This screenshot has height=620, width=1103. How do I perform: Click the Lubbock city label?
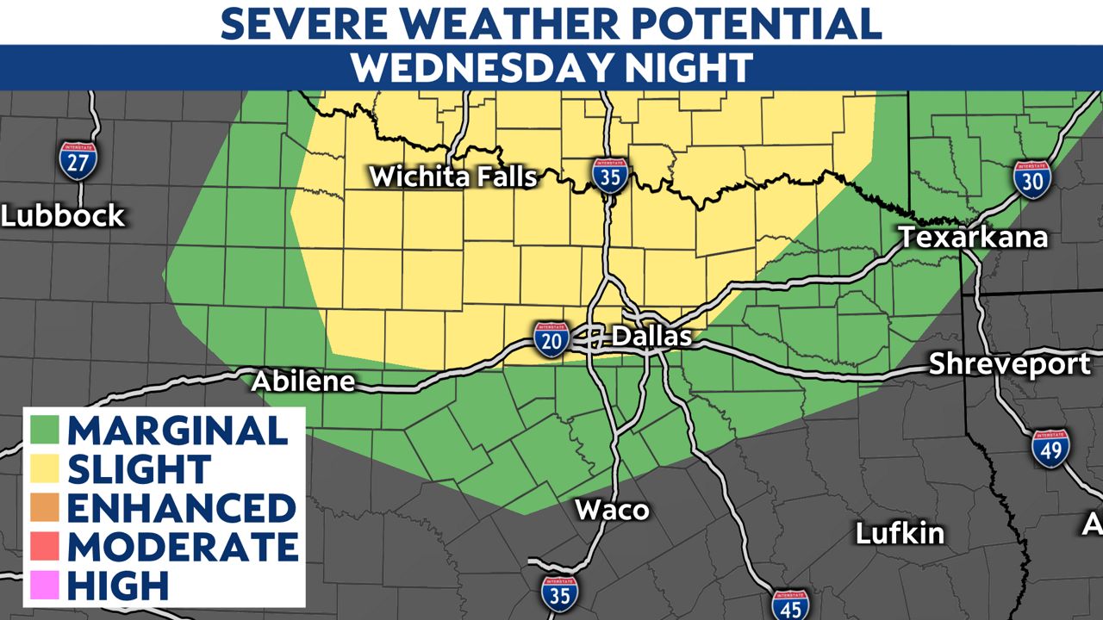[63, 215]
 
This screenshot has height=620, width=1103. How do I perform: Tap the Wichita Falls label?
[453, 177]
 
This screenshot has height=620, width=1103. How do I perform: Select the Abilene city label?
[303, 381]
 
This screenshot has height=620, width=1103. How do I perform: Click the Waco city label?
[612, 510]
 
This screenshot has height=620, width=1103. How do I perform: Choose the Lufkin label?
[900, 533]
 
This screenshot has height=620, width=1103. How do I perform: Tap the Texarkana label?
[973, 237]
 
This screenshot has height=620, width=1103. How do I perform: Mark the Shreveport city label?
[1009, 364]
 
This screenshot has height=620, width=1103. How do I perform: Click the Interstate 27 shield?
[78, 159]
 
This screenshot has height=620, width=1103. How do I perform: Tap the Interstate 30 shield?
[1031, 178]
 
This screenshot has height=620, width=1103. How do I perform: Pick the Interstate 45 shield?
[789, 605]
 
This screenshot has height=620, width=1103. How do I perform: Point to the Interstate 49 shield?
[1050, 448]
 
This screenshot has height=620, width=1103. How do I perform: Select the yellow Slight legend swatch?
[43, 468]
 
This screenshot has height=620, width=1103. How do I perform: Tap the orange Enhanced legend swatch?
[43, 508]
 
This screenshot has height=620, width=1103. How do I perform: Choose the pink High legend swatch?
[43, 586]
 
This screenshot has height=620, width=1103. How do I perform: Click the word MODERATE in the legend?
[183, 547]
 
